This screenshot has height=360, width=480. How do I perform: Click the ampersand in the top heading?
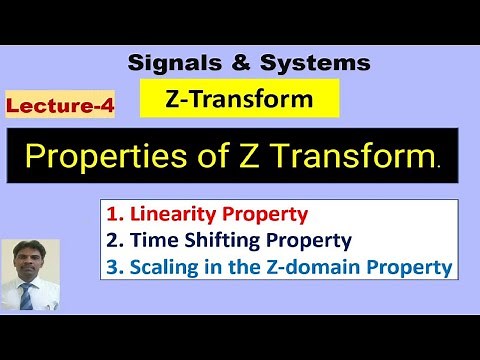[238, 63]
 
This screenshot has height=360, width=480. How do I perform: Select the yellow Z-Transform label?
[239, 99]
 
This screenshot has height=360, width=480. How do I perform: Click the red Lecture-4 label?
[60, 105]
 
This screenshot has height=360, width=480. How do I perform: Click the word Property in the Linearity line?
[267, 213]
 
